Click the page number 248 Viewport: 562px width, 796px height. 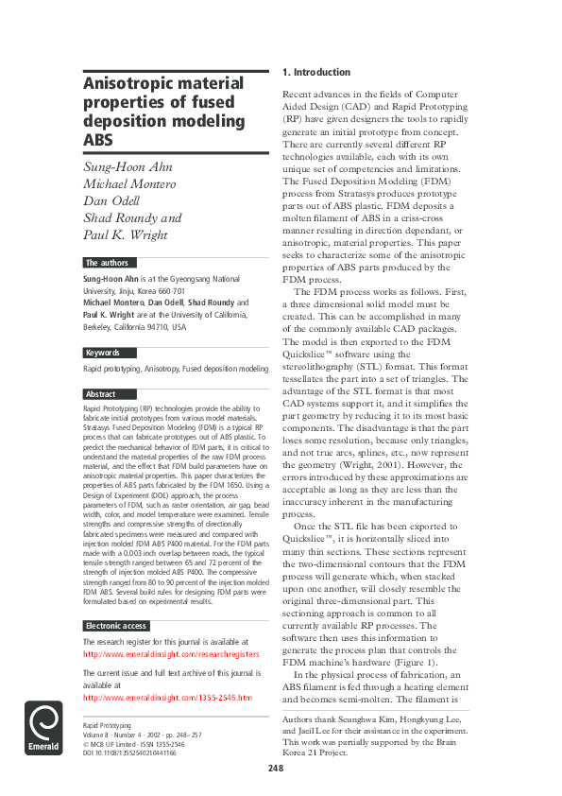click(275, 769)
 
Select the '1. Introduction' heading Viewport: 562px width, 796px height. click(316, 73)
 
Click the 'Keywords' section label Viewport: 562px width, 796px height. click(102, 353)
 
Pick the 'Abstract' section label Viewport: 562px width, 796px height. click(101, 394)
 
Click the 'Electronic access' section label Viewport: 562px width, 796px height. click(116, 626)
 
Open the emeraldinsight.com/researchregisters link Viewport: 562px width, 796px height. click(170, 654)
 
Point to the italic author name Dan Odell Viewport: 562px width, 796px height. click(111, 200)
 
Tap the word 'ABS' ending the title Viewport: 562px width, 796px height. click(98, 141)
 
